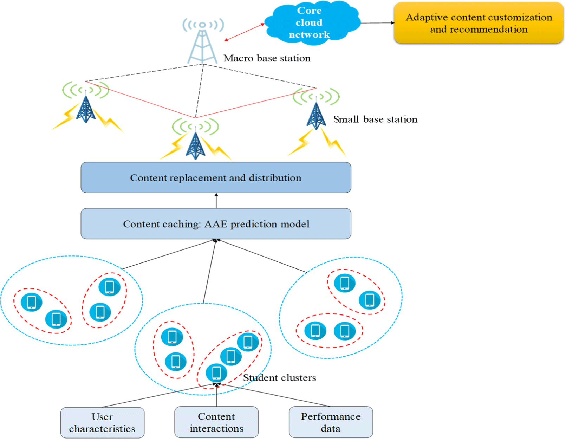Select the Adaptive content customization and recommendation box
coord(479,23)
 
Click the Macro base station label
coord(267,58)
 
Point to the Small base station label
coord(375,119)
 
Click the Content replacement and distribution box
coord(216,178)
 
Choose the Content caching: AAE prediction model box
coord(216,224)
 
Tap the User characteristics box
coord(102,423)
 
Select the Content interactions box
coord(216,422)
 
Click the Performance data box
coord(331,422)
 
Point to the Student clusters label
coord(280,378)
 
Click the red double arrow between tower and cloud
coord(245,32)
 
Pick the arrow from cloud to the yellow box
coord(377,23)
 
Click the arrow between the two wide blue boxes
coord(216,201)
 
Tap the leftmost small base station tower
coord(86,109)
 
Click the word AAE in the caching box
coord(216,224)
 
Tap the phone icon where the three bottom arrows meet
coord(216,373)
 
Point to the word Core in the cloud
coord(309,11)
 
